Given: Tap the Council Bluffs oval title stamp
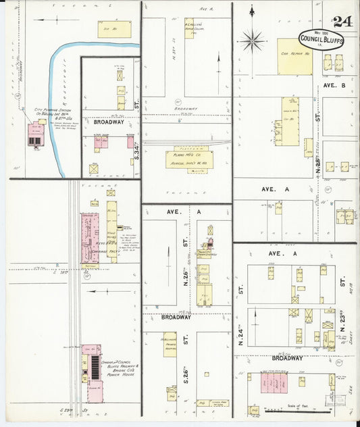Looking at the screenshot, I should (322, 39).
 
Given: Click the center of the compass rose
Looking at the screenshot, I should (253, 41).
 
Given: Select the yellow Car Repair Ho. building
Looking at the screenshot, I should (295, 56).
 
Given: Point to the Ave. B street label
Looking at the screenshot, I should (334, 87).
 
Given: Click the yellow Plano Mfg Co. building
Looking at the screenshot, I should (189, 159).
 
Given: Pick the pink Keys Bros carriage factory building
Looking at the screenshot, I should (90, 238).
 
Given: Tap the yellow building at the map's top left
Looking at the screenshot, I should (114, 29).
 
